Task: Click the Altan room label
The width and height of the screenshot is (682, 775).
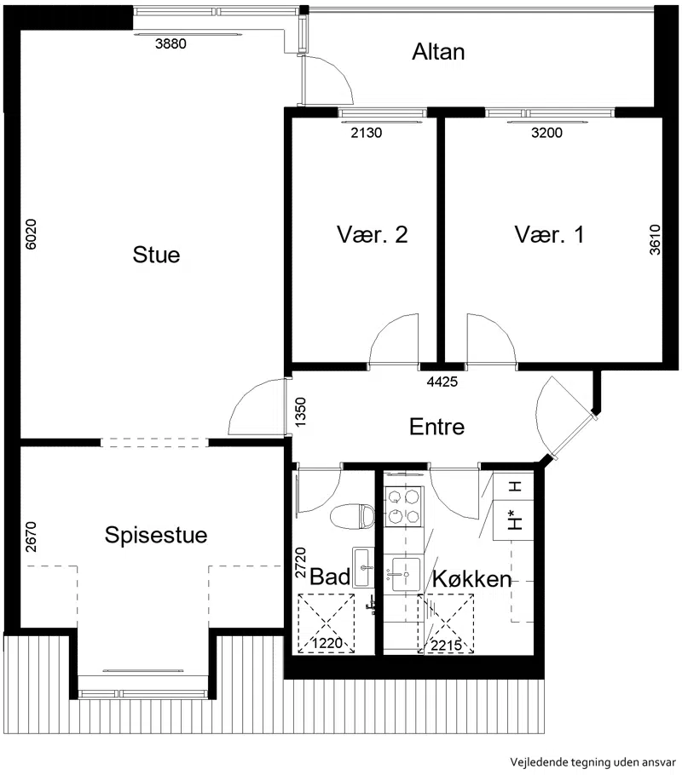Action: point(438,52)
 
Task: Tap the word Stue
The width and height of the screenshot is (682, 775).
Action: point(156,255)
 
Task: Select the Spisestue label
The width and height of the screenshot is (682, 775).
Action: point(156,536)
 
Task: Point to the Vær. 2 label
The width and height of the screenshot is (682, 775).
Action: point(373,234)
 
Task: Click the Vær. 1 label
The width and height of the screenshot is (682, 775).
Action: point(549,234)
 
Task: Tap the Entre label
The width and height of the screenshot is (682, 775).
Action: point(437,427)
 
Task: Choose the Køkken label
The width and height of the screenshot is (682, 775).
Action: point(471,579)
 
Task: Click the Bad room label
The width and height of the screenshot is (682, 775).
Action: point(330,577)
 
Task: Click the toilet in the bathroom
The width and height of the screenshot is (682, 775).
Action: point(352,516)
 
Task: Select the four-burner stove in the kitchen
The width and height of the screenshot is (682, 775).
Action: point(404,506)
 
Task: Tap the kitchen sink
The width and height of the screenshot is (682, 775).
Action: point(406,574)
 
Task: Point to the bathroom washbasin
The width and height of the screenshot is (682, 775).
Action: point(363,567)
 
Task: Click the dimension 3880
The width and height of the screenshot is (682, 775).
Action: point(170,43)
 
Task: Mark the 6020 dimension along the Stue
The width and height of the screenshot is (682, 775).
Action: point(31,234)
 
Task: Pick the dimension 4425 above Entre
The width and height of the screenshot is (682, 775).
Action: point(442,382)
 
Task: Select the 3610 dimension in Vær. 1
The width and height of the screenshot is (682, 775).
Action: point(655,239)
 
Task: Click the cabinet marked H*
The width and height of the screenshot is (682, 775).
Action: point(514,520)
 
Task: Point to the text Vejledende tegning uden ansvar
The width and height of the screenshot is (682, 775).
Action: point(593,761)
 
